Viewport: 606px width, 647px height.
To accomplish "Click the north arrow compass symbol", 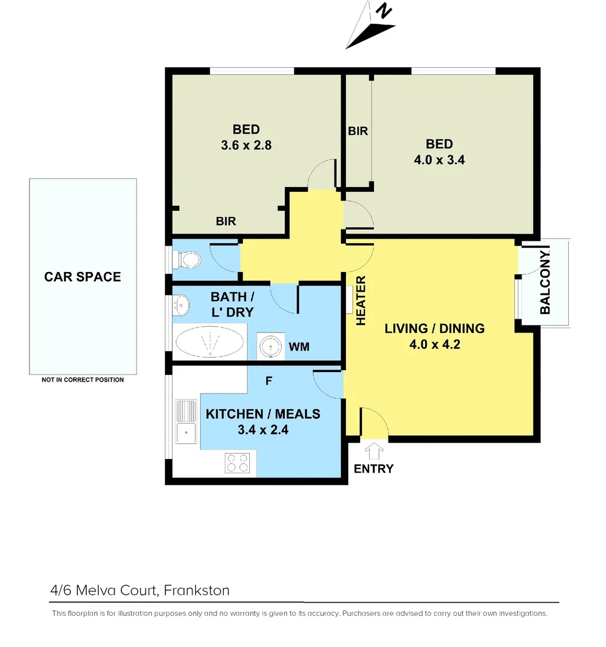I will (x=369, y=27).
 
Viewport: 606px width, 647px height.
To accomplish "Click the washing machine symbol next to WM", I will (x=270, y=346).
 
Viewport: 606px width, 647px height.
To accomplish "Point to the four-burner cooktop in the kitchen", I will (x=237, y=463).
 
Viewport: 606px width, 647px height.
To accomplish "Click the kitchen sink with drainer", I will (x=186, y=422).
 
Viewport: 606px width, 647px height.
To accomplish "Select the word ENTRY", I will (x=373, y=468).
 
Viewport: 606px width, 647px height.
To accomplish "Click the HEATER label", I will (x=361, y=301).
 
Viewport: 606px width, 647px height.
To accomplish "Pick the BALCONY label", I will (x=545, y=283).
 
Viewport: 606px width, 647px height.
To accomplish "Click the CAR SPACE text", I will (x=83, y=277).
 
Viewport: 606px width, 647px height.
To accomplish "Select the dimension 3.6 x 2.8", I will (x=246, y=144).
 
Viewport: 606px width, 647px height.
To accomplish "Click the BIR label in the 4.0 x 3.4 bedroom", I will (x=358, y=131).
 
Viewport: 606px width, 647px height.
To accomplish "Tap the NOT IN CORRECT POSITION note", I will (x=83, y=380).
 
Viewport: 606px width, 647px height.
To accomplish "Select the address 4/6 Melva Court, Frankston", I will (x=140, y=590).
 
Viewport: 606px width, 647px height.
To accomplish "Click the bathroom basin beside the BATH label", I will (x=182, y=304).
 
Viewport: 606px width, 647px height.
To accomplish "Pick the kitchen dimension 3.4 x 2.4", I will (x=263, y=429).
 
